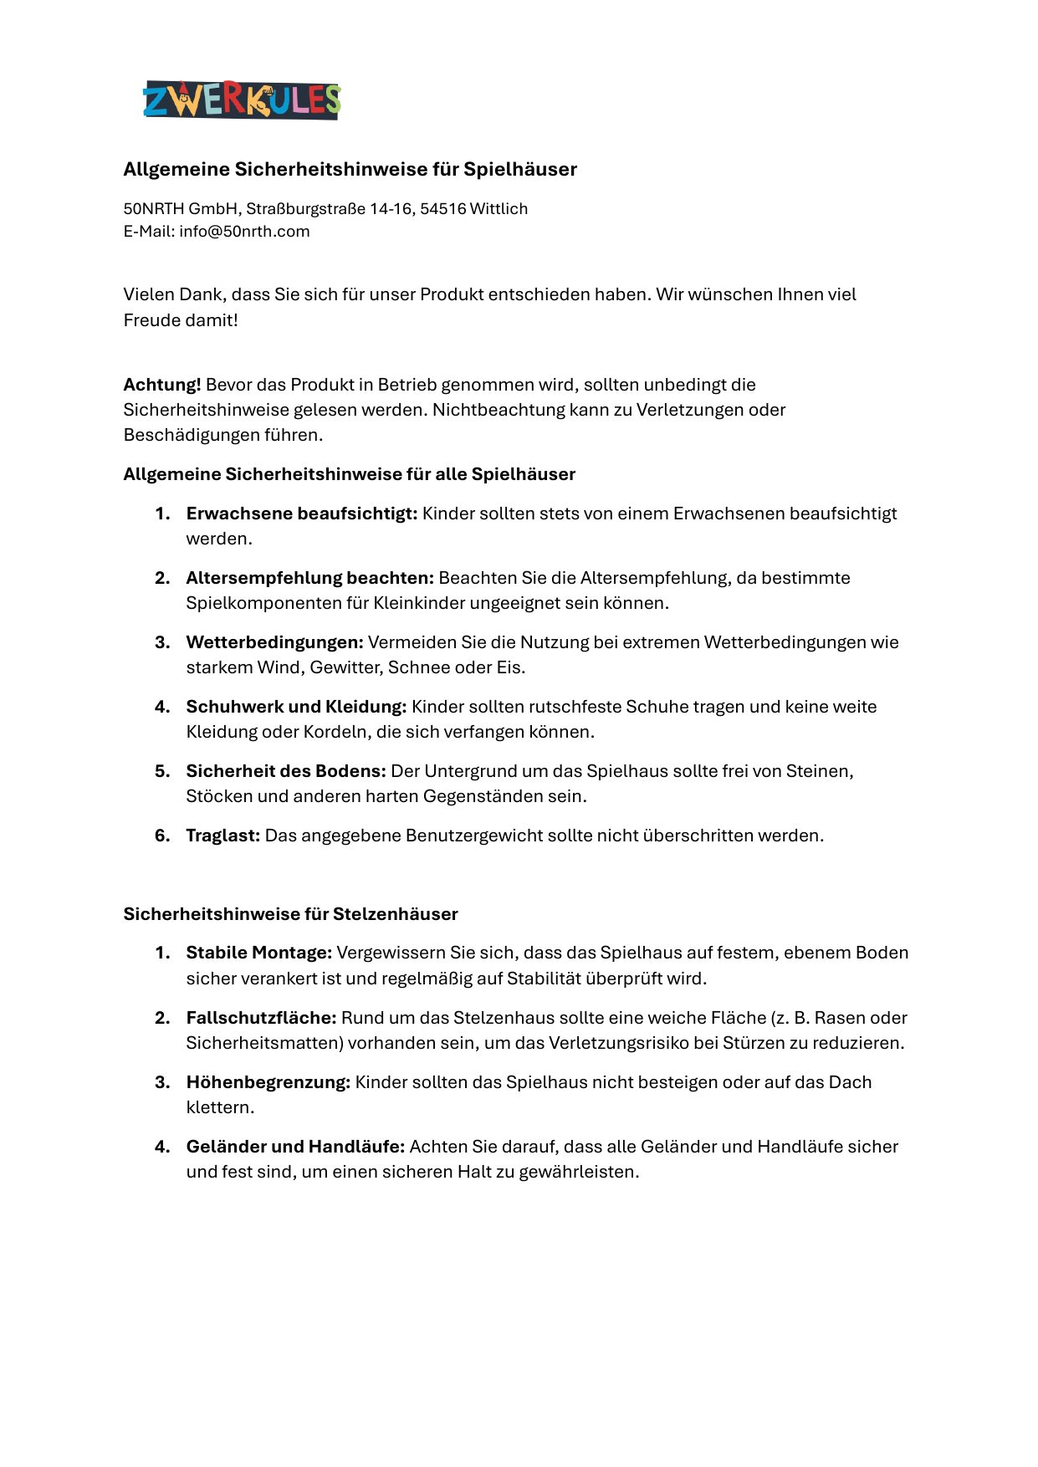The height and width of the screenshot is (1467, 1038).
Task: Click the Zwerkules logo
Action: point(242,100)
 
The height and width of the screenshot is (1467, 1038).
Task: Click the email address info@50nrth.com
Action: point(244,232)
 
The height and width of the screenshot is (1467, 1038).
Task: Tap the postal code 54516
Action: point(442,209)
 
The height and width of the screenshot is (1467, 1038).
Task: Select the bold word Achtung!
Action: point(162,385)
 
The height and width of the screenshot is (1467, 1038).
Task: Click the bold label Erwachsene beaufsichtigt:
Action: point(301,514)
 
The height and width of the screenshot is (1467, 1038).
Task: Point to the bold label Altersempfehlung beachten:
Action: point(309,578)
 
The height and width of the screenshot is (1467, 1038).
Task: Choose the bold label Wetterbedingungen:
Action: point(274,642)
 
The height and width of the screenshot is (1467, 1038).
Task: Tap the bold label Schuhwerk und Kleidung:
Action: point(296,707)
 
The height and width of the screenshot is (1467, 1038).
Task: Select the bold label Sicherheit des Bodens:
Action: point(286,771)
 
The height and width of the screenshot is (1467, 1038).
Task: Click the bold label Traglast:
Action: point(223,836)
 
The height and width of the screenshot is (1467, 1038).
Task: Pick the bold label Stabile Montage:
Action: point(259,953)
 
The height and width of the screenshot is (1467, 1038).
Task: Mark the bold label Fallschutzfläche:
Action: point(261,1018)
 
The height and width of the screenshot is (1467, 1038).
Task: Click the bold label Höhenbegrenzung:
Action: point(268,1082)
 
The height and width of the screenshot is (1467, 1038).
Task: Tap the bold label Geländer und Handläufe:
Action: point(295,1147)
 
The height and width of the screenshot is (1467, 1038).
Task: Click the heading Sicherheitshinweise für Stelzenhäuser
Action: point(290,914)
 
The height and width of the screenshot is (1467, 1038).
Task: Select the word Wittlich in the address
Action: point(499,209)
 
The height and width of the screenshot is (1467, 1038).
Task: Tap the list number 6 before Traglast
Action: point(161,836)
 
